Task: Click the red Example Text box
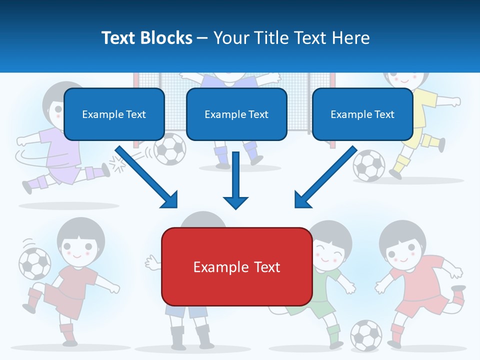click(x=236, y=266)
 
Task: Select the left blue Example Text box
click(x=114, y=114)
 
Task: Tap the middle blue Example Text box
click(x=236, y=114)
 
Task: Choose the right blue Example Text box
click(x=362, y=114)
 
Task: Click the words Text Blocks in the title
click(x=146, y=37)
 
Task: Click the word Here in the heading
click(x=352, y=37)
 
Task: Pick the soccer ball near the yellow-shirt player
click(x=369, y=165)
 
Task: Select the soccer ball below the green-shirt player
click(x=365, y=334)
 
